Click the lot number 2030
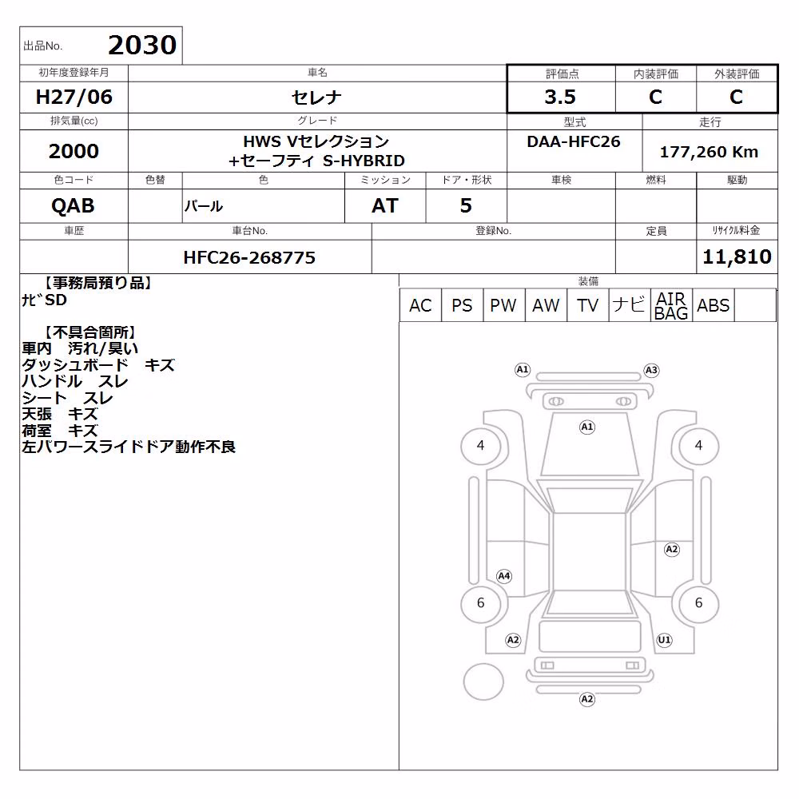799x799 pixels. click(x=142, y=45)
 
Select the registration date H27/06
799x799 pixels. click(x=74, y=97)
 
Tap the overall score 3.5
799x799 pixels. click(x=560, y=97)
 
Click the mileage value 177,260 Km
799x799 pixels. click(x=709, y=152)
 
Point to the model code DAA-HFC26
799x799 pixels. click(x=574, y=141)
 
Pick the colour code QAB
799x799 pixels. click(x=73, y=206)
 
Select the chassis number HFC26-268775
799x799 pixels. click(x=249, y=258)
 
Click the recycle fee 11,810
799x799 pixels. click(x=737, y=256)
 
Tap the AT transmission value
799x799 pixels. click(x=385, y=206)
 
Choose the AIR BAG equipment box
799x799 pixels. click(x=671, y=305)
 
